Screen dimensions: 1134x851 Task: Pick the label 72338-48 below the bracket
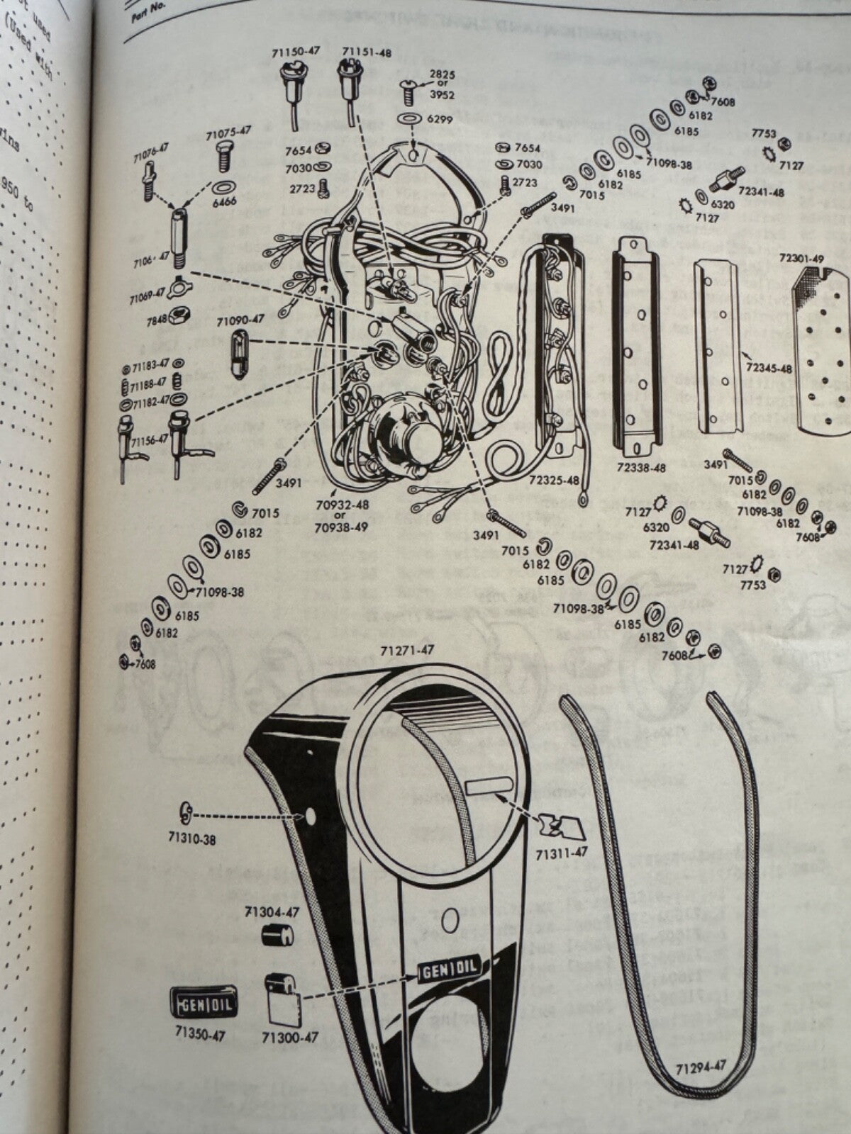click(641, 468)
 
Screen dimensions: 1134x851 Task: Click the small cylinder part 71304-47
click(277, 936)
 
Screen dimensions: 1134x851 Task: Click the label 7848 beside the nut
click(155, 319)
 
